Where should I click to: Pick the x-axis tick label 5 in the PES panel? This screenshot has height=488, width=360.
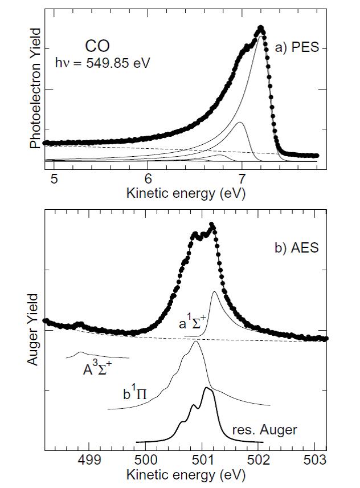point(54,178)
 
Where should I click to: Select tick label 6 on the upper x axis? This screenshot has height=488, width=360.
point(148,178)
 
